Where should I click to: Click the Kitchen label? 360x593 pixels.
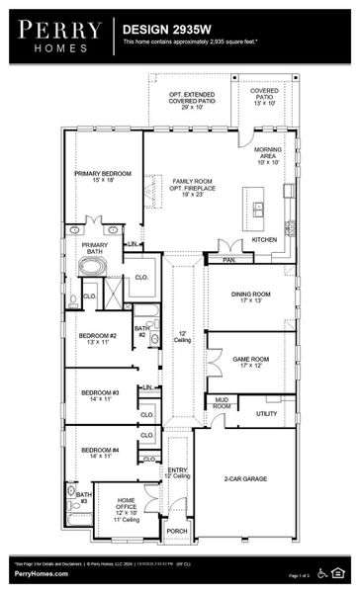pos(264,240)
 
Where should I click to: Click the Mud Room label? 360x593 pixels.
pos(222,403)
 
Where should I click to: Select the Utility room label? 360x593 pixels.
pos(267,413)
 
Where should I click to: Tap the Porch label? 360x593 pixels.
pos(177,531)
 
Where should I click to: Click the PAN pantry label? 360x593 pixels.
pos(227,260)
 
